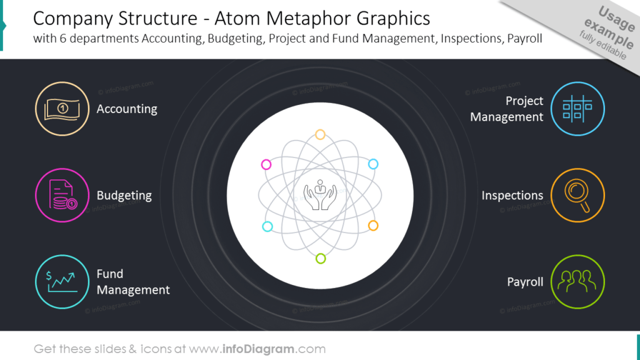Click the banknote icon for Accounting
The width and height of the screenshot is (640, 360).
tap(62, 109)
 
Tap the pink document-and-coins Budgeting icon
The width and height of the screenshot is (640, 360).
tap(62, 195)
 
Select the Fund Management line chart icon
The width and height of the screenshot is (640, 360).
tap(62, 282)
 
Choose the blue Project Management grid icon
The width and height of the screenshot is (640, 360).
tap(577, 109)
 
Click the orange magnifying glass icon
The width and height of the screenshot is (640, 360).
tap(577, 195)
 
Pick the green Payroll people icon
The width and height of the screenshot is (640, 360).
tap(577, 282)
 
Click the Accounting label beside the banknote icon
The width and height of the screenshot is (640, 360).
tap(127, 109)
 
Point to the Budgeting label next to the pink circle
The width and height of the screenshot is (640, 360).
tap(124, 196)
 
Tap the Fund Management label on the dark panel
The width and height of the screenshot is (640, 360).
tap(133, 282)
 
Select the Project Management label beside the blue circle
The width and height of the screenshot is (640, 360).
tap(506, 109)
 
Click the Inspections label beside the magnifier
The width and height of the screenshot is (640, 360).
tap(512, 195)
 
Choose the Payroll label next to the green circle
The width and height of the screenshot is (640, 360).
tap(525, 282)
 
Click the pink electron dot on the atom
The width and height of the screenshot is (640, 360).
tap(266, 164)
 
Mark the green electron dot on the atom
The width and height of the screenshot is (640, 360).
tap(321, 258)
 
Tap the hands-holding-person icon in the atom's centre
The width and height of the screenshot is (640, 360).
tap(321, 195)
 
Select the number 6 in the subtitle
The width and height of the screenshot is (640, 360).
tap(63, 38)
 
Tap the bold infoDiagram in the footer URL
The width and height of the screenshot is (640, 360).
tap(258, 349)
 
